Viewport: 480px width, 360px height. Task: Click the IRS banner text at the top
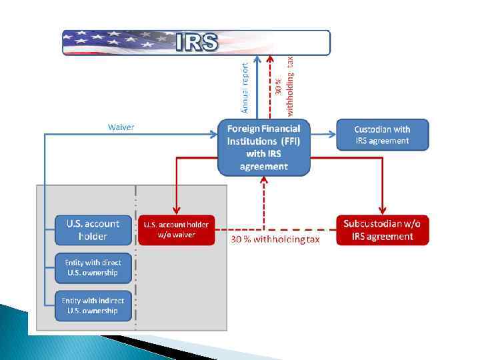pos(197,43)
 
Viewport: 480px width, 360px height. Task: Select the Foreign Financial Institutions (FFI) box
pos(264,147)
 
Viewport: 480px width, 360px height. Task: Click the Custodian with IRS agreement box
pos(382,135)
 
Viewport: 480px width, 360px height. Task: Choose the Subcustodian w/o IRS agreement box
pos(382,230)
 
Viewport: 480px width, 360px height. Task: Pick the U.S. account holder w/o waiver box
pos(176,230)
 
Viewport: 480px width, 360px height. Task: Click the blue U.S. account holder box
pos(93,230)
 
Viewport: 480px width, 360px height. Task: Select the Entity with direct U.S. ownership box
pos(93,267)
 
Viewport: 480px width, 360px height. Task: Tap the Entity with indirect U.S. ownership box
pos(93,305)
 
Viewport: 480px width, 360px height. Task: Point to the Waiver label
pos(121,127)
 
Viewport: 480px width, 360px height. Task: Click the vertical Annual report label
pos(245,87)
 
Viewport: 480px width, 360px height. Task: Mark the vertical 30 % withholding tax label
pos(284,83)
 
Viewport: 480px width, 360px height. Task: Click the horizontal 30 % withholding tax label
pos(275,239)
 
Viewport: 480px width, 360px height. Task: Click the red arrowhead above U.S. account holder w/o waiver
pos(176,211)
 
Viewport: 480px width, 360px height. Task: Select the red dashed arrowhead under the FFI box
pos(265,181)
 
